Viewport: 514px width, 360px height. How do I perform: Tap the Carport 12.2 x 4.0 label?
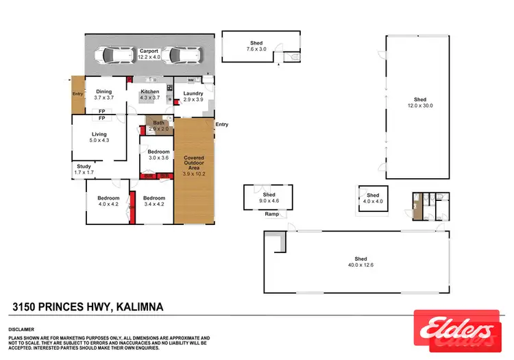click(149, 54)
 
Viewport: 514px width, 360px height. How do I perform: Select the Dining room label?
click(103, 95)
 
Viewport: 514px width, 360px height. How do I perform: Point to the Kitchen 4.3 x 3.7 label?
click(149, 95)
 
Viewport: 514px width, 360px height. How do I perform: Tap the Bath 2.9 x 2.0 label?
click(158, 125)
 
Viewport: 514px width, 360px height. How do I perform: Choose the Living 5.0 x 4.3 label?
click(99, 137)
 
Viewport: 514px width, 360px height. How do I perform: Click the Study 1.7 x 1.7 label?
click(84, 169)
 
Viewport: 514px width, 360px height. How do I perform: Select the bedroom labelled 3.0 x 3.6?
click(158, 154)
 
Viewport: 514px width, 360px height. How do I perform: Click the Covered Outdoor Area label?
click(194, 166)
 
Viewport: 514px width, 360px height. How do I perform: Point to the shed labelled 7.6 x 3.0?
click(256, 47)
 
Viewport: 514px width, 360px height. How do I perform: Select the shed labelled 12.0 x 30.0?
click(419, 102)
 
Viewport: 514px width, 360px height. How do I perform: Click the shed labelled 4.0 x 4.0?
click(373, 198)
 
